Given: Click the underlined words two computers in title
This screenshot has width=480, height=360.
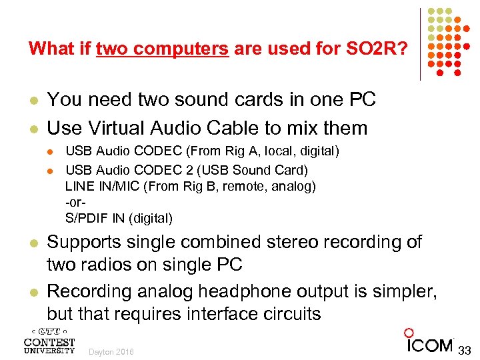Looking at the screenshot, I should (x=163, y=49).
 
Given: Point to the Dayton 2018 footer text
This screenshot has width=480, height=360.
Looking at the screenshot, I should (x=111, y=352).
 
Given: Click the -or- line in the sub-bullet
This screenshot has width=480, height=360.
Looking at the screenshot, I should (x=76, y=201).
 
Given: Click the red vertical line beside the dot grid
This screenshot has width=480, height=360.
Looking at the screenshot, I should (x=420, y=44).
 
